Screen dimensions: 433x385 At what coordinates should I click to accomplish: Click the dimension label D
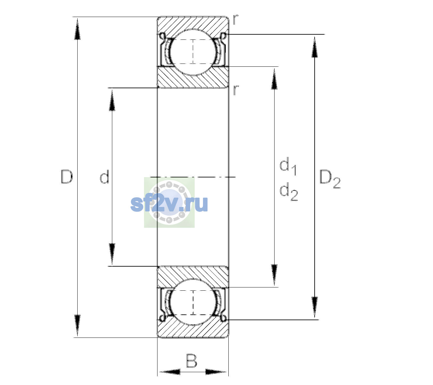[x=67, y=176]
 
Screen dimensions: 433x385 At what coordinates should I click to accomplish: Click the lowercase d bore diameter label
[x=105, y=176]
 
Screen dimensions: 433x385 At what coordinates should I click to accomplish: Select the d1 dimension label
[x=288, y=166]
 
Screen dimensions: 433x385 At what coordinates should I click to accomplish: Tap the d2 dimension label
[x=289, y=191]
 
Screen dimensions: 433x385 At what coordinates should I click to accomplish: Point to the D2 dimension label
[x=330, y=179]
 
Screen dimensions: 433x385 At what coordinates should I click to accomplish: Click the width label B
[x=191, y=361]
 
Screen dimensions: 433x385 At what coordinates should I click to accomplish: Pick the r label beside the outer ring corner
[x=235, y=20]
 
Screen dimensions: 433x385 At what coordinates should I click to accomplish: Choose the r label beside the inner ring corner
[x=235, y=90]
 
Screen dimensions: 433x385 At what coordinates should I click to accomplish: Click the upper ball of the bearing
[x=193, y=52]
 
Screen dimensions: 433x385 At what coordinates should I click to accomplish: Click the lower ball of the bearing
[x=193, y=302]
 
